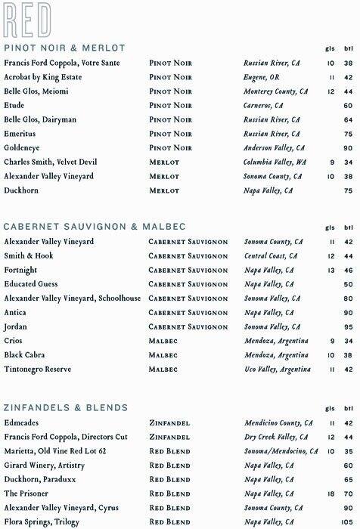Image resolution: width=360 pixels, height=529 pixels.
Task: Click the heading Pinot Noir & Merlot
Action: (64, 48)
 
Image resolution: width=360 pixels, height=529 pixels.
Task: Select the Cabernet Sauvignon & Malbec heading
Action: (95, 227)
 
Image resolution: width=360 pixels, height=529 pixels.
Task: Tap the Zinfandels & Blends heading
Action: (66, 408)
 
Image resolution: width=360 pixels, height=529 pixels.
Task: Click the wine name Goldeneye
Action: (23, 148)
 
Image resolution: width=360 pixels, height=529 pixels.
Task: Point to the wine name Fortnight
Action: (20, 270)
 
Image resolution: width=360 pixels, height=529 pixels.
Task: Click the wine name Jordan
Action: (15, 326)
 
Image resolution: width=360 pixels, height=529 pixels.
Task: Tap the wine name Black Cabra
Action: (25, 355)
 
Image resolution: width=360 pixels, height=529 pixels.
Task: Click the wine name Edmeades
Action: (22, 423)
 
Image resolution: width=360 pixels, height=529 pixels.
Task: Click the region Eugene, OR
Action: (262, 77)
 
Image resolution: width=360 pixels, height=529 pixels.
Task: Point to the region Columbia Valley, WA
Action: (275, 162)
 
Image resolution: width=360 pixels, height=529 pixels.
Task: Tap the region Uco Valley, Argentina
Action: (277, 370)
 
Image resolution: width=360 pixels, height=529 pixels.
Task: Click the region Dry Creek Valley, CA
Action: (276, 437)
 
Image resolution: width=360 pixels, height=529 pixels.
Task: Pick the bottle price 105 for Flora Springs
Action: (347, 522)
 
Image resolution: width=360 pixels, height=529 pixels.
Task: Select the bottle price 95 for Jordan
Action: (348, 327)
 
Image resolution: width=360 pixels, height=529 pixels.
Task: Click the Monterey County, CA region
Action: (275, 91)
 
